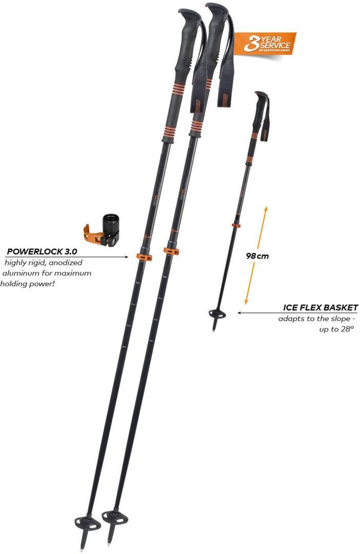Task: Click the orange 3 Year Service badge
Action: point(266,44)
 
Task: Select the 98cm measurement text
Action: point(257,255)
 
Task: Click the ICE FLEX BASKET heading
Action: point(321,308)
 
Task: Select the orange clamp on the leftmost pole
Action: point(144,256)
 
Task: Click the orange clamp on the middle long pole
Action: point(171,251)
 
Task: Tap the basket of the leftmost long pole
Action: point(88,523)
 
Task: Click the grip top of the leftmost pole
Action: point(188,12)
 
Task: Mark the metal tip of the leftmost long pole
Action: point(82,547)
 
